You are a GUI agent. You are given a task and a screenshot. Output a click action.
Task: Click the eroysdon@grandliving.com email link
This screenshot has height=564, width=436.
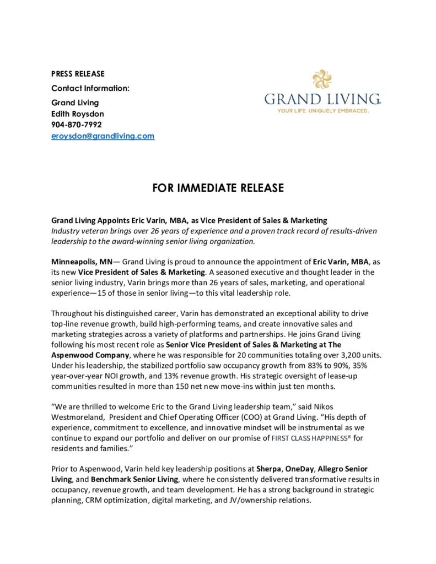(103, 136)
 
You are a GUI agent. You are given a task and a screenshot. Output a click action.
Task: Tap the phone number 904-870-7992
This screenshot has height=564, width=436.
(77, 124)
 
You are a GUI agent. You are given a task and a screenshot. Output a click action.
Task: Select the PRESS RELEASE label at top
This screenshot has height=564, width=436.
(78, 74)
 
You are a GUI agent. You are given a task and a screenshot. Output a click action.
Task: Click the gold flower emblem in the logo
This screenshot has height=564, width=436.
(322, 79)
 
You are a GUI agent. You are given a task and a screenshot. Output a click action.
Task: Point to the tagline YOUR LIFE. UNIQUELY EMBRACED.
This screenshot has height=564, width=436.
(323, 111)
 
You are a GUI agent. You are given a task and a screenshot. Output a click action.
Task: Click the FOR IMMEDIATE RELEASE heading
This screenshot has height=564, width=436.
(218, 188)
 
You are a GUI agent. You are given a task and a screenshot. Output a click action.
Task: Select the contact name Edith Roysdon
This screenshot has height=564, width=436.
(77, 113)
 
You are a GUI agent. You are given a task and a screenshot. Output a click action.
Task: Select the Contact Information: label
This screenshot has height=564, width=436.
(90, 88)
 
